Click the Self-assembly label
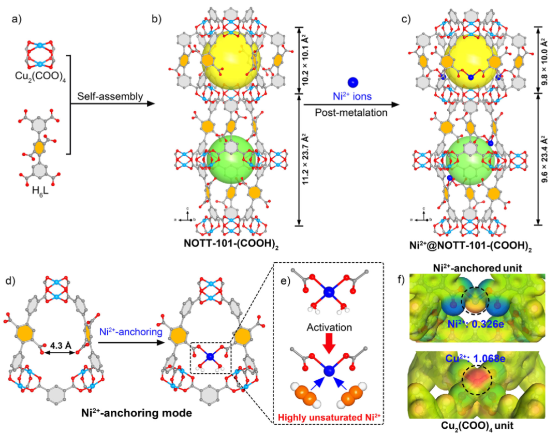pyautogui.click(x=104, y=96)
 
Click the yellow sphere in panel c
pyautogui.click(x=471, y=58)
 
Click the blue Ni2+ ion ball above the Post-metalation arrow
pyautogui.click(x=352, y=82)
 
